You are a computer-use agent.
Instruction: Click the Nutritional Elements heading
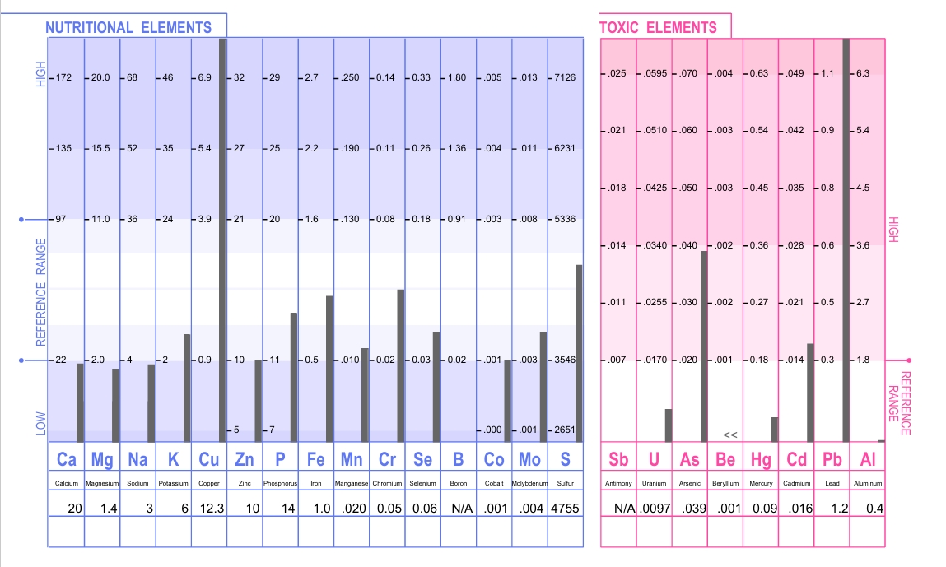pos(128,27)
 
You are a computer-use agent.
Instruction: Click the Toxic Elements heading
pos(658,27)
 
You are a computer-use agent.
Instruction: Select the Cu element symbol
pos(209,459)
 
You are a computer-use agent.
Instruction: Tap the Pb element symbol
pos(832,459)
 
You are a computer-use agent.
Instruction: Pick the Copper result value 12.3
pos(212,509)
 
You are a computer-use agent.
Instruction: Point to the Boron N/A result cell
pos(459,509)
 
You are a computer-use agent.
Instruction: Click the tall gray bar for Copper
pos(222,239)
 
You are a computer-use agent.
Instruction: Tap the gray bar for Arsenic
pos(704,346)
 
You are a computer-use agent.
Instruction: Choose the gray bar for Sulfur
pos(579,353)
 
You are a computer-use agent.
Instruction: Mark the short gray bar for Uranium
pos(669,425)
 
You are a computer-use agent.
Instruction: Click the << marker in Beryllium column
pos(729,434)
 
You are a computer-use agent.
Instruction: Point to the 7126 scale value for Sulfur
pos(566,77)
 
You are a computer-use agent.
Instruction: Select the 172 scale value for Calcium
pos(64,77)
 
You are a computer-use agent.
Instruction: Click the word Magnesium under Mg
pos(103,483)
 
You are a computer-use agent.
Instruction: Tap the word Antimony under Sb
pos(618,483)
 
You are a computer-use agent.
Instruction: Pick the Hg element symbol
pos(761,459)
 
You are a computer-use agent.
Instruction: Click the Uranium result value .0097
pos(657,509)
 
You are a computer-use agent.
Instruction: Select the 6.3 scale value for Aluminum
pos(863,73)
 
